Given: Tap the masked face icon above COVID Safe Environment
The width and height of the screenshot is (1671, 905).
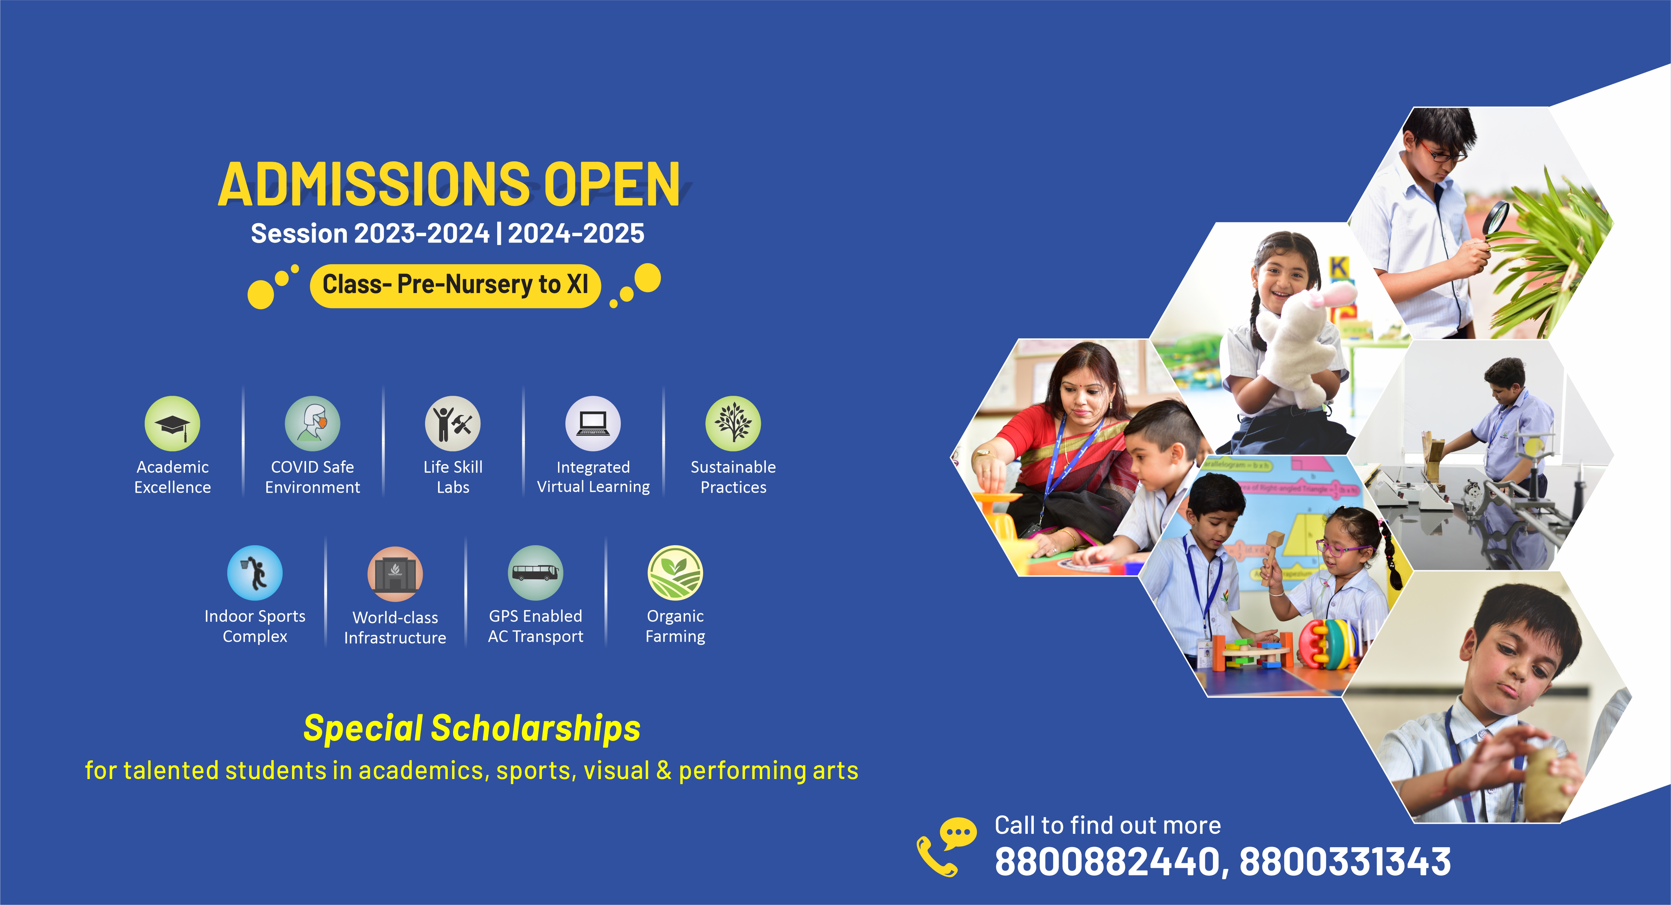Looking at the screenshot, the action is coord(313,424).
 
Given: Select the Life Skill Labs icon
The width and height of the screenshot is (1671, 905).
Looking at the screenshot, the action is coord(453,424).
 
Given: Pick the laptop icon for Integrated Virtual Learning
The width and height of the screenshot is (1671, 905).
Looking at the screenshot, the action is coord(593,424).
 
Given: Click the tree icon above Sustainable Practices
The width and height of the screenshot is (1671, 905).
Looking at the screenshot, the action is coord(733,424).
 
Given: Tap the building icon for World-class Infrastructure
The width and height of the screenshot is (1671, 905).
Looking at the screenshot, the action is coord(395,574).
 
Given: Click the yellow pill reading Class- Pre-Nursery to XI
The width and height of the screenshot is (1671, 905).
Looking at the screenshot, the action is coord(455,285).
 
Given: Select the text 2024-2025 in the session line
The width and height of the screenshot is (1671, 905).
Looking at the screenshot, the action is coord(576,234).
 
